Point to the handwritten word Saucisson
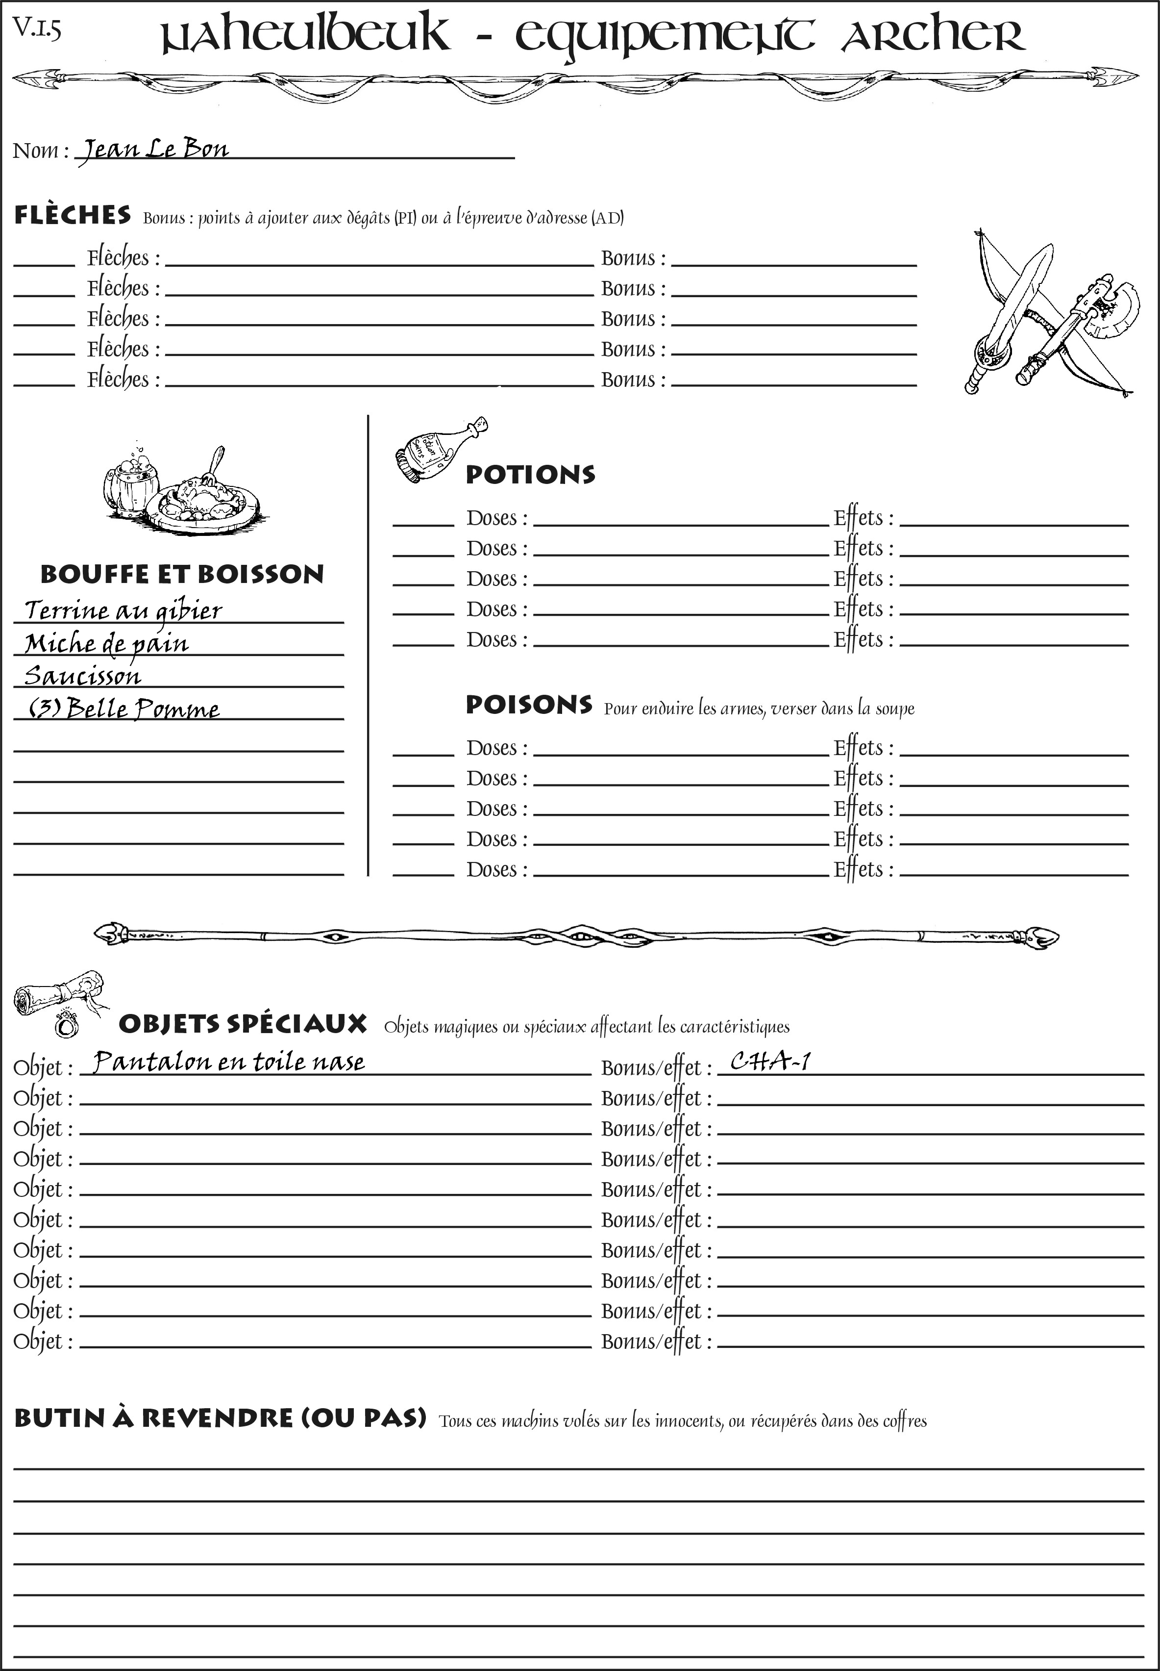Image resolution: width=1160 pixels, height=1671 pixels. click(x=83, y=676)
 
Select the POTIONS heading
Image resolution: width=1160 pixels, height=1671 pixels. click(x=530, y=475)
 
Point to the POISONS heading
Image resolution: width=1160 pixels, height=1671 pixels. click(x=528, y=705)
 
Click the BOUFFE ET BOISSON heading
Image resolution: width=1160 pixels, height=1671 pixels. click(x=182, y=574)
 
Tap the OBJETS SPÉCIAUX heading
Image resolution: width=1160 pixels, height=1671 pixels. click(x=242, y=1024)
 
